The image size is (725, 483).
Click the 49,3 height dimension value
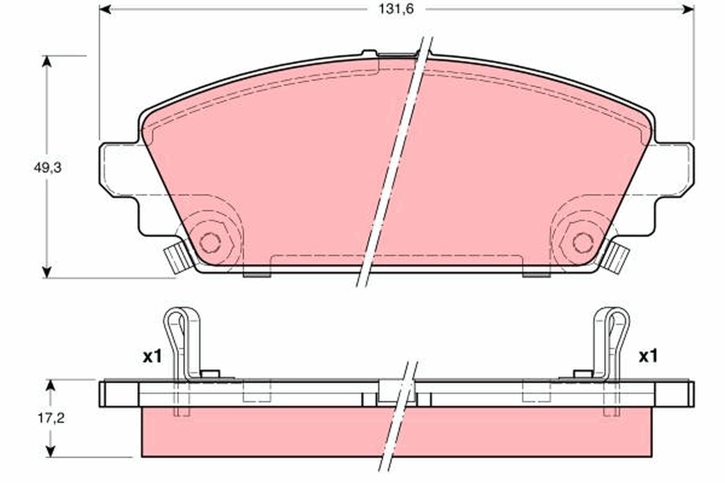(x=48, y=168)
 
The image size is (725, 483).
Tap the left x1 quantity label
(x=152, y=357)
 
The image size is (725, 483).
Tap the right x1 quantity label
(x=648, y=357)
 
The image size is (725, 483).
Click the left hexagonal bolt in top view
(x=210, y=242)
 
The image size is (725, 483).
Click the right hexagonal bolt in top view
(x=583, y=242)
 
